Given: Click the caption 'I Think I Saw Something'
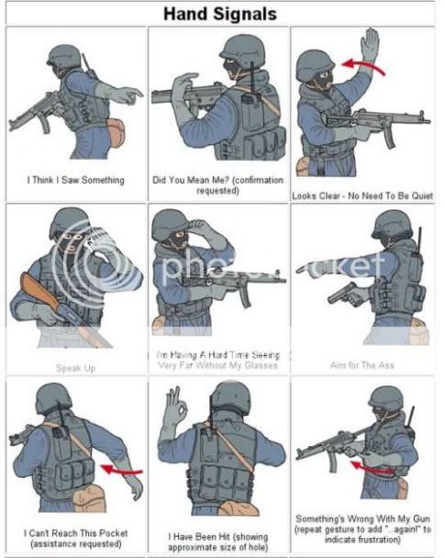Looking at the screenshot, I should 75,180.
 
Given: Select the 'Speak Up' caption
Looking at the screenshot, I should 75,367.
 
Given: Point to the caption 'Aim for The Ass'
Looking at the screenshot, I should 362,365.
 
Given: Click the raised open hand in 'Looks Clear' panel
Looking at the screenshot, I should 371,49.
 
